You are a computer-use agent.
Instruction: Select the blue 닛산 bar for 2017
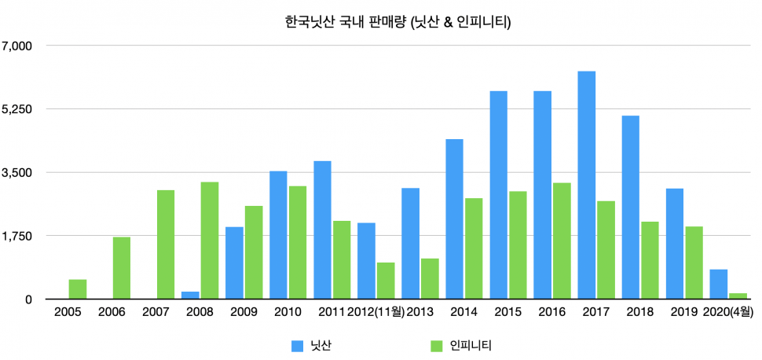[x=586, y=186]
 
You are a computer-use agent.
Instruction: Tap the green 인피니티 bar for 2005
[x=78, y=289]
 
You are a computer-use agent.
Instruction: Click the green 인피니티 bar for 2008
[x=210, y=241]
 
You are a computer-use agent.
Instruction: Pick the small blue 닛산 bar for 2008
[x=190, y=296]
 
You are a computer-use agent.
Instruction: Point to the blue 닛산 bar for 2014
[x=454, y=219]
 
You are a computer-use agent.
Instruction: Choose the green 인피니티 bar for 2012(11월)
[x=386, y=281]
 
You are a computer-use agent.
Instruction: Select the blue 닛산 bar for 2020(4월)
[x=718, y=285]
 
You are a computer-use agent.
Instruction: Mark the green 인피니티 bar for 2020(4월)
[x=738, y=296]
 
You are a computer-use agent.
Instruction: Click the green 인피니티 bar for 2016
[x=562, y=241]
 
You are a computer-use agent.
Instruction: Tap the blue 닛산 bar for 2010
[x=278, y=235]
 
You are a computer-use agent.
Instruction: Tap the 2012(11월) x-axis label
[x=376, y=312]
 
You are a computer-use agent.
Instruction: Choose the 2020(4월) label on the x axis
[x=729, y=312]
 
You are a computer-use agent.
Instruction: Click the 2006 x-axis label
[x=112, y=312]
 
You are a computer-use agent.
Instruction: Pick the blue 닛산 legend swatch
[x=297, y=344]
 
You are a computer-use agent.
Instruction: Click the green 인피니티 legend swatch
[x=437, y=344]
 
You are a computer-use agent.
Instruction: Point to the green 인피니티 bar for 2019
[x=694, y=263]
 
